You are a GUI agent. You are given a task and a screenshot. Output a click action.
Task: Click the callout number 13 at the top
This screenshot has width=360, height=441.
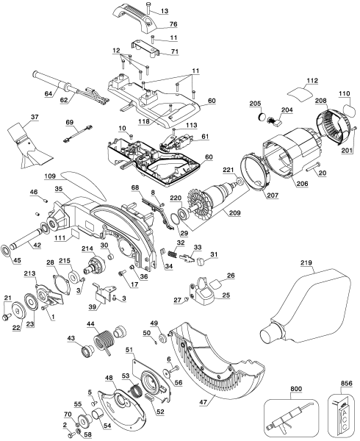(x=165, y=11)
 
